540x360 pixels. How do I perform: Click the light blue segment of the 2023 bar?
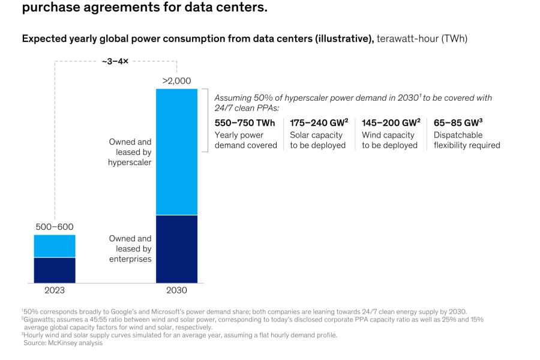55,246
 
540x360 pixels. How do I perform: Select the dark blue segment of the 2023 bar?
55,270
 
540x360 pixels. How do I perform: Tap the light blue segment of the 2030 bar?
176,151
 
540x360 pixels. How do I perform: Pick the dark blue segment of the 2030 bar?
176,248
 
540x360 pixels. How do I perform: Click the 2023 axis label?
55,290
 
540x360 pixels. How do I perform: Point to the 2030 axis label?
176,290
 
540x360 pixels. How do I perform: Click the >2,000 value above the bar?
176,81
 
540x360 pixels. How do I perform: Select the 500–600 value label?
55,227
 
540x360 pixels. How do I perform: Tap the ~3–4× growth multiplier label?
115,61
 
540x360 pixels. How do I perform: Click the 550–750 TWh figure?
245,123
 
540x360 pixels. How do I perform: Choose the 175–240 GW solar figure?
319,123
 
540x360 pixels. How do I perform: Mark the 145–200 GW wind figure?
391,123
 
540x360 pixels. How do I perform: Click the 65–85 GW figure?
458,123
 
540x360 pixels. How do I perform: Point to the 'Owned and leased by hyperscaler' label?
130,152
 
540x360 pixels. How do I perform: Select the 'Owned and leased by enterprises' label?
130,248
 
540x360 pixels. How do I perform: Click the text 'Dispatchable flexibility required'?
466,140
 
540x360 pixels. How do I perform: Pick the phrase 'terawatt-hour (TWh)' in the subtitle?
422,39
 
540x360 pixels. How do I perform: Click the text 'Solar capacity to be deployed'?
317,140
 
